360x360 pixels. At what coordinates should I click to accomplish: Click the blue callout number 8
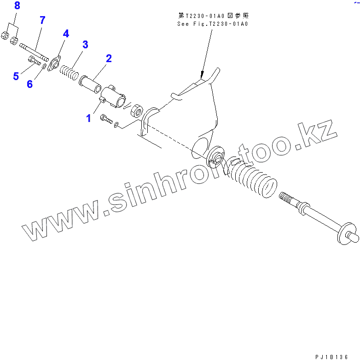click(x=17, y=6)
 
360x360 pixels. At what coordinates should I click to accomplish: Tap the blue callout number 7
click(x=42, y=20)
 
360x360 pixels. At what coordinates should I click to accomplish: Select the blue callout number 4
click(x=66, y=34)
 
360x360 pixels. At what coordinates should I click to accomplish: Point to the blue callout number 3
click(x=85, y=45)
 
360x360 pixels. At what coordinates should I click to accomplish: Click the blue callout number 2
click(x=109, y=58)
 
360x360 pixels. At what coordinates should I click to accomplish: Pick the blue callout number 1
click(x=88, y=118)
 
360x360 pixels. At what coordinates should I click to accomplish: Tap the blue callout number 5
click(x=16, y=75)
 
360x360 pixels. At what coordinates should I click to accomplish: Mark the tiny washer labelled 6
click(x=44, y=67)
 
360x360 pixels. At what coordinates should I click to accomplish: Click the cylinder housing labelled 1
click(x=114, y=97)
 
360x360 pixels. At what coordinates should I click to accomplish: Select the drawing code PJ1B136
click(x=331, y=356)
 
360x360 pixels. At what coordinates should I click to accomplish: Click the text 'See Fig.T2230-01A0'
click(x=213, y=23)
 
